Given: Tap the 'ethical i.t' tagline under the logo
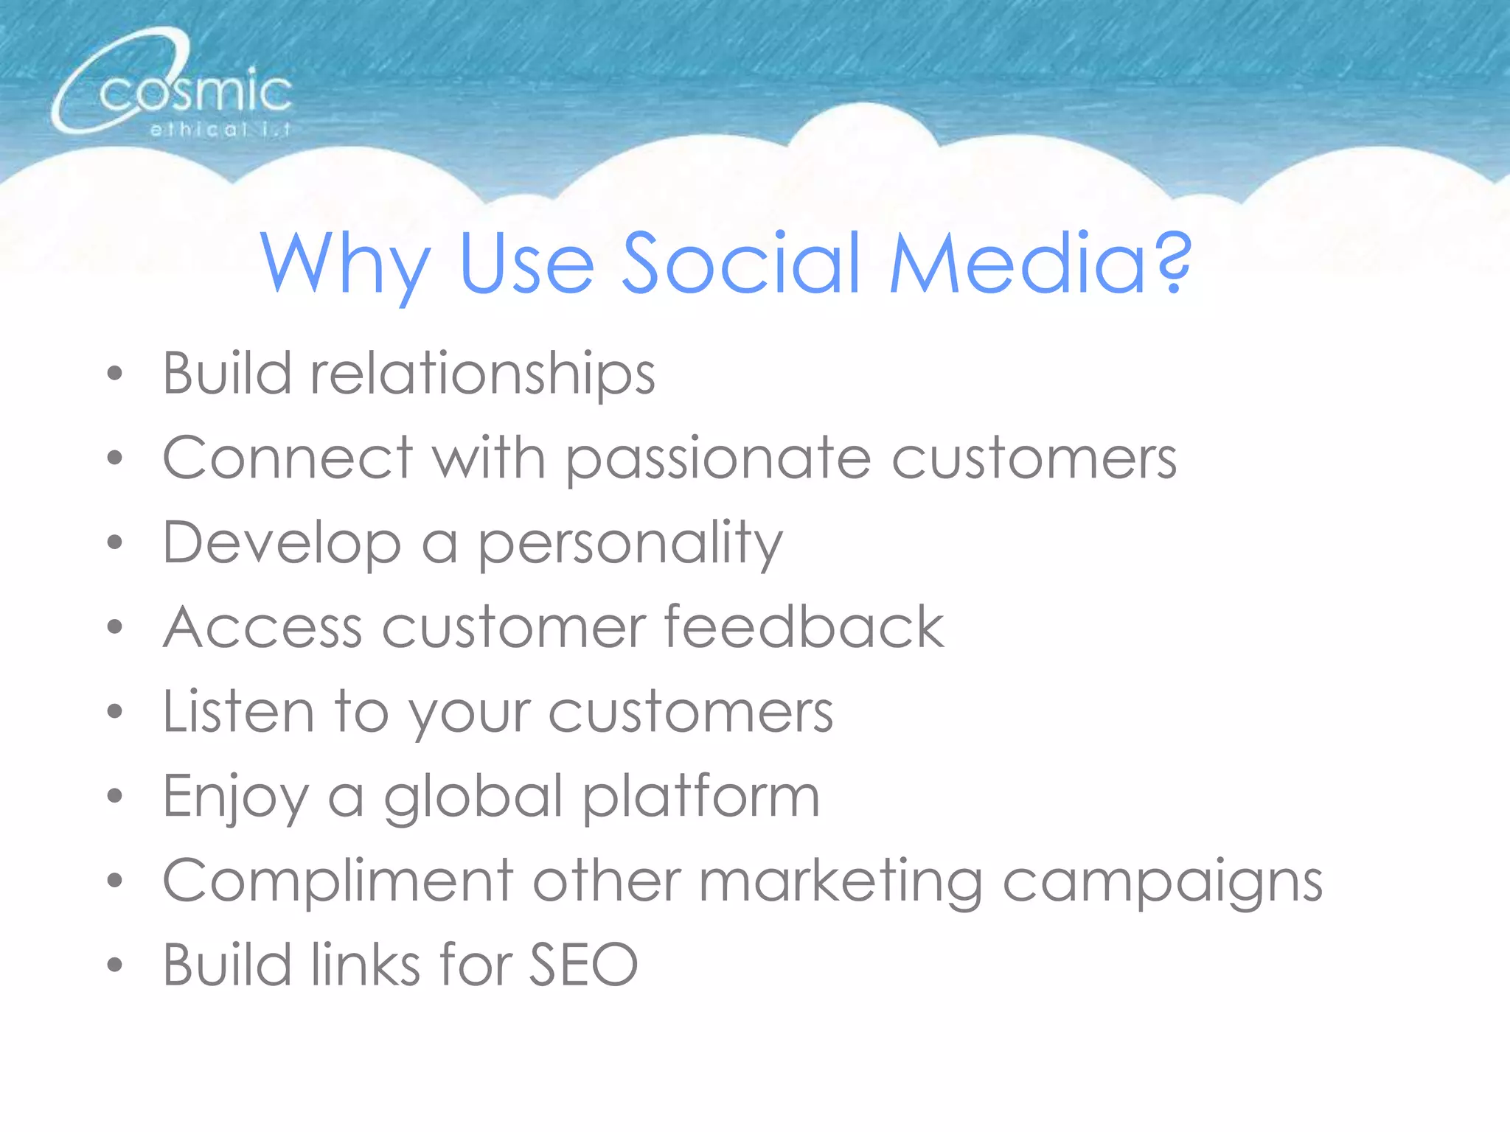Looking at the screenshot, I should click(x=220, y=130).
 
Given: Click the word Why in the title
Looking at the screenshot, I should click(x=345, y=264).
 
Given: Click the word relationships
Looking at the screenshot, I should click(x=483, y=374).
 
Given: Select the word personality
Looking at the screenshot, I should click(x=630, y=544).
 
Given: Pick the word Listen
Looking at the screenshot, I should click(x=238, y=712).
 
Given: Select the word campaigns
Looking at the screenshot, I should click(x=1163, y=882).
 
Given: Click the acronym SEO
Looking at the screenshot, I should click(x=583, y=965).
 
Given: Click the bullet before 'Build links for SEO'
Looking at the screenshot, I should click(x=114, y=965).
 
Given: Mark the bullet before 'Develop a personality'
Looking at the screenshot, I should click(x=114, y=543).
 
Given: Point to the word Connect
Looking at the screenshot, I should click(x=288, y=458).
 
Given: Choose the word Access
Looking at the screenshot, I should click(x=262, y=627).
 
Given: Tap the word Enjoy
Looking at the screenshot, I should click(x=235, y=798).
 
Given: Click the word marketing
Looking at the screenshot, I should click(x=841, y=882).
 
